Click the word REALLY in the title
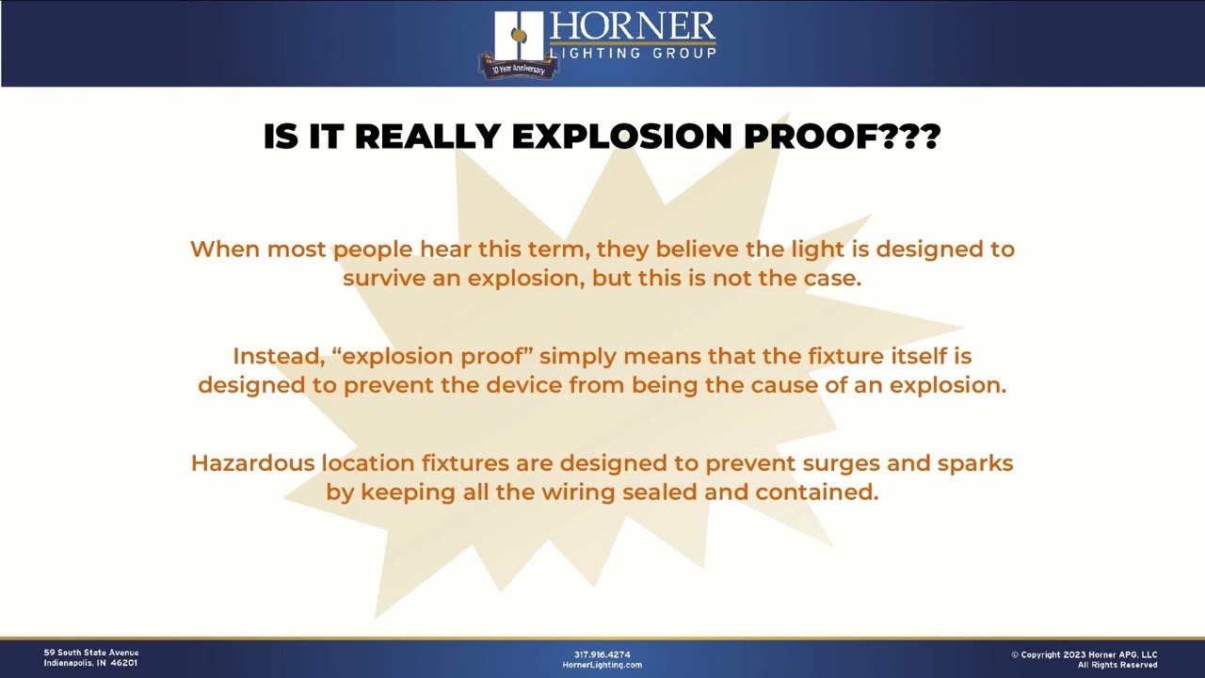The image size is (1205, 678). (427, 137)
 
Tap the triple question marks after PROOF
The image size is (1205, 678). (909, 137)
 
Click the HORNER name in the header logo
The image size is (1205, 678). (632, 27)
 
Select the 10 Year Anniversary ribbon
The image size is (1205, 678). (517, 68)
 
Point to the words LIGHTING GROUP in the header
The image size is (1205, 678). (633, 53)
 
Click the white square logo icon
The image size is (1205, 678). (518, 36)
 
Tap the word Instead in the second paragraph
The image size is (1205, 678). (278, 356)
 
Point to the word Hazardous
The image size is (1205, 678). (251, 462)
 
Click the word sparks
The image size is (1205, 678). (974, 462)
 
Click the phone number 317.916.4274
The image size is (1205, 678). (602, 654)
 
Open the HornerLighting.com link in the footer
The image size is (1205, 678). (602, 665)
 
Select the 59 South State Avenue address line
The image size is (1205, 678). (91, 653)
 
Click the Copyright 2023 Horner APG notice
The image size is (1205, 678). (1084, 654)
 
